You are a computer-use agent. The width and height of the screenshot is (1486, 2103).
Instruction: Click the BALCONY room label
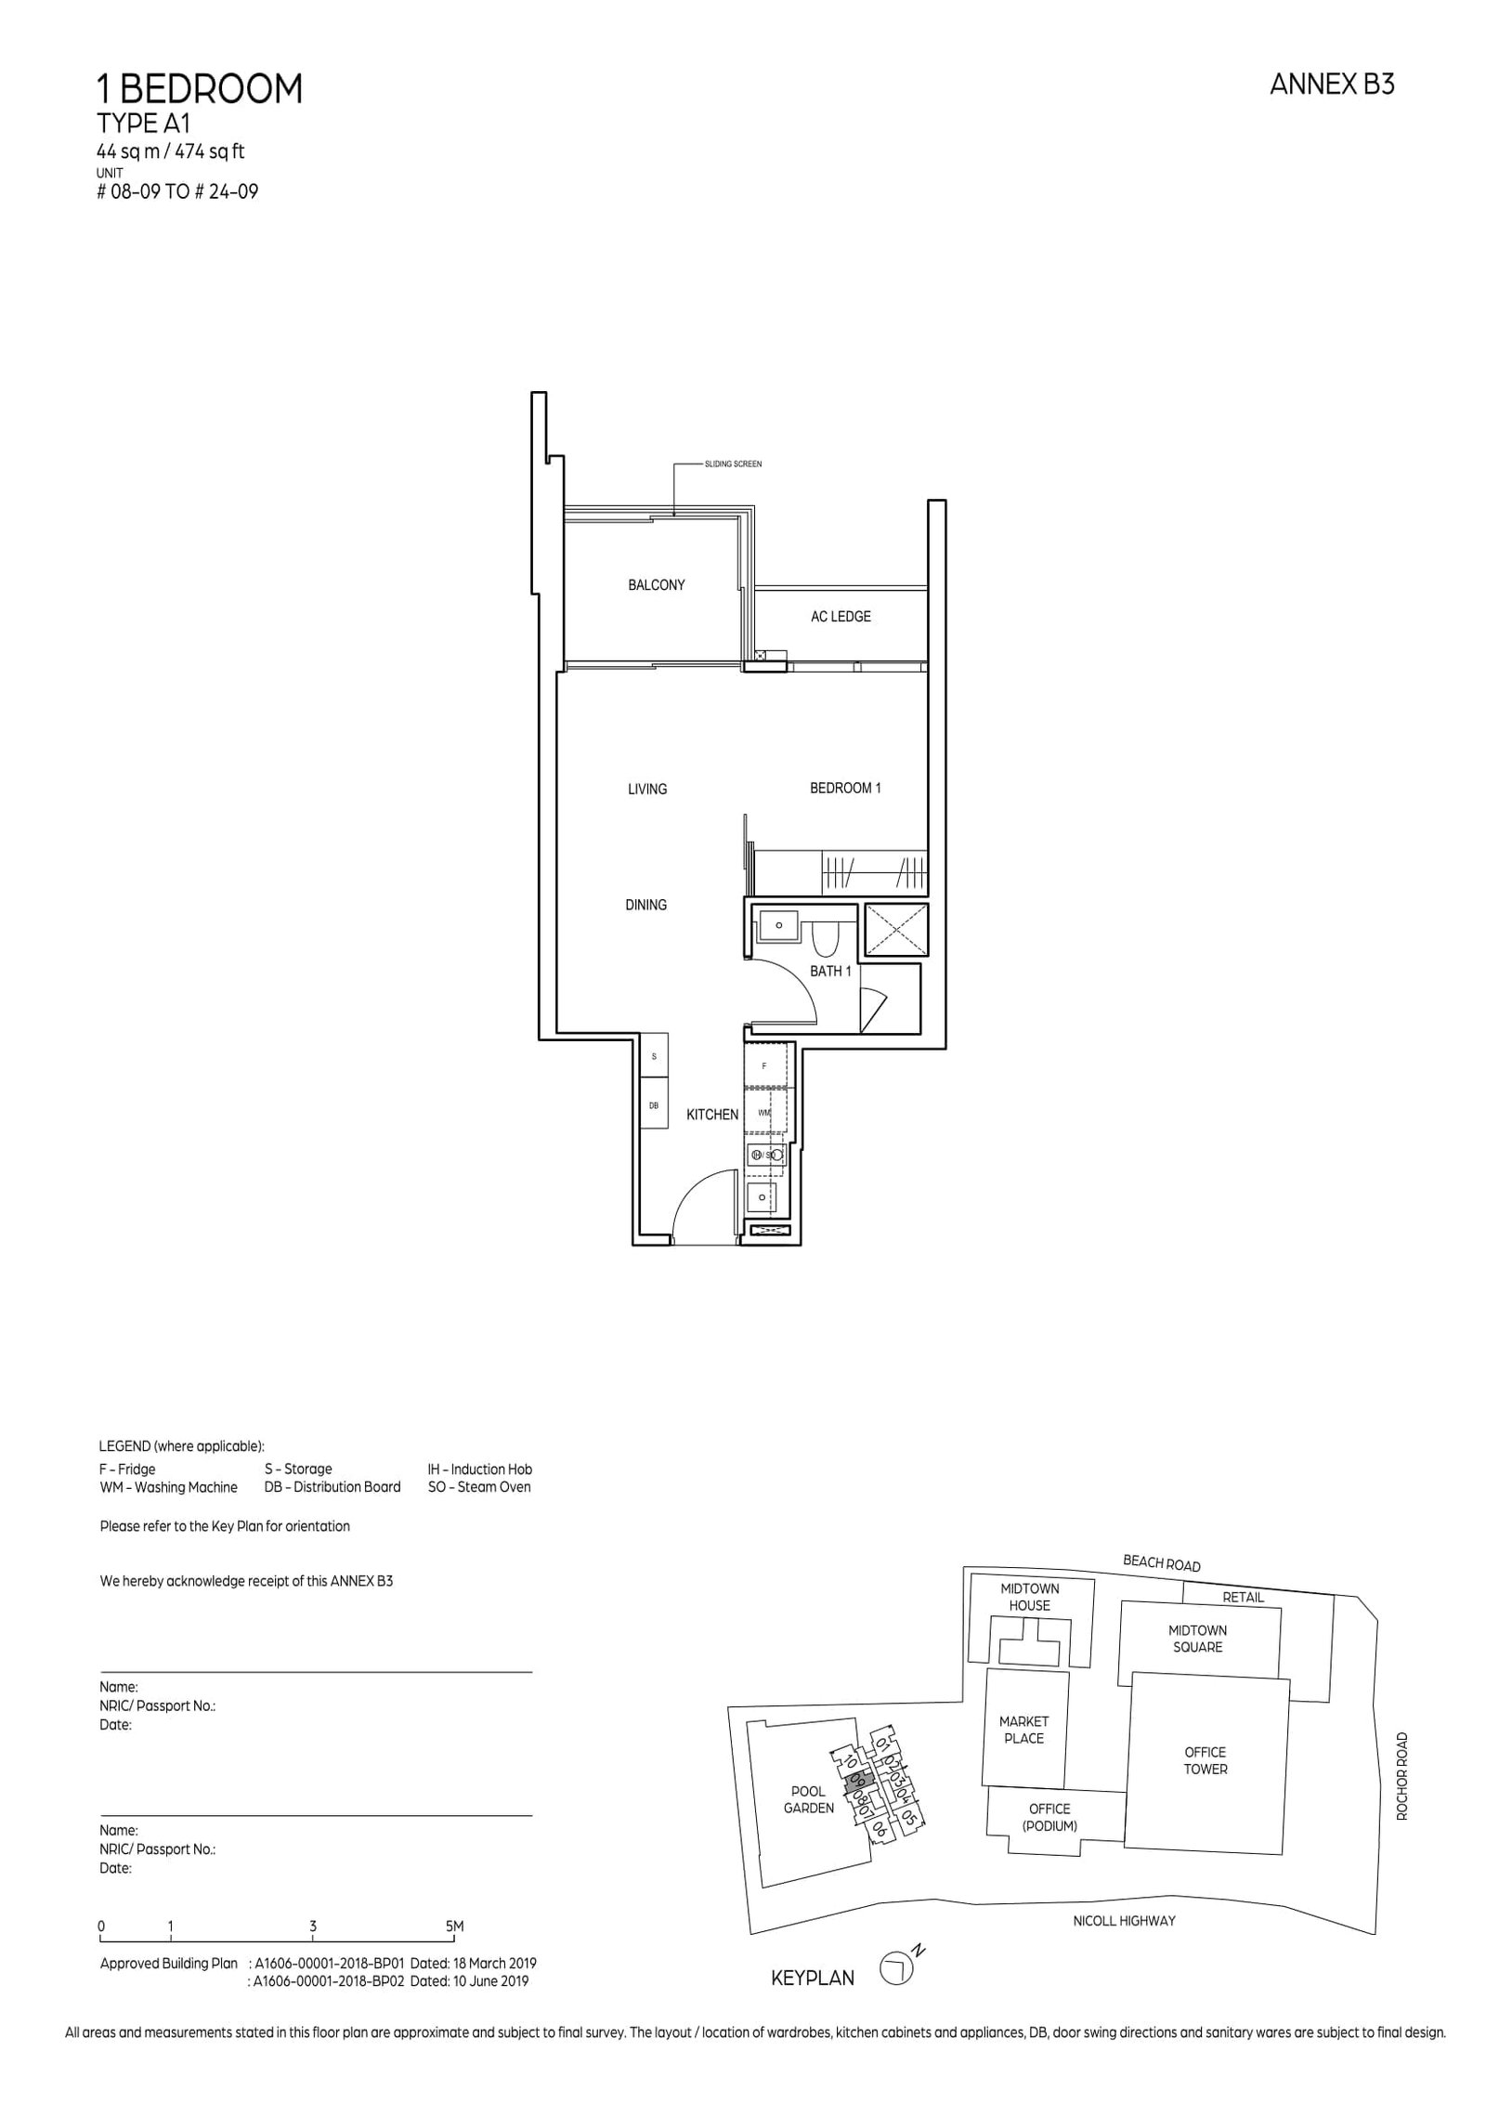[x=656, y=585]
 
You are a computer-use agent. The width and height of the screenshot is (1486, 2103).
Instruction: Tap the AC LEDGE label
[x=840, y=616]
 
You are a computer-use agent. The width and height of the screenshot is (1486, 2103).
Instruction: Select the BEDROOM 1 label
[x=844, y=788]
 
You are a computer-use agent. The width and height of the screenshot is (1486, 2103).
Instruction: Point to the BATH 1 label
[x=829, y=971]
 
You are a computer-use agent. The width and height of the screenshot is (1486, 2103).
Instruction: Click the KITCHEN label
[x=711, y=1114]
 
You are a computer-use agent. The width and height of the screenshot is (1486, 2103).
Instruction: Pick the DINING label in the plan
[x=645, y=905]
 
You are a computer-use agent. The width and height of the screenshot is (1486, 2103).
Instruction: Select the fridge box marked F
[x=765, y=1065]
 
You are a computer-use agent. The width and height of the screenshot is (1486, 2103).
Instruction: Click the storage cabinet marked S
[x=654, y=1057]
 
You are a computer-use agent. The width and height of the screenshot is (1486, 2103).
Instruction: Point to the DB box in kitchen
[x=654, y=1105]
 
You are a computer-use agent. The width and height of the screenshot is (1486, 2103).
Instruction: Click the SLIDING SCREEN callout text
[x=732, y=464]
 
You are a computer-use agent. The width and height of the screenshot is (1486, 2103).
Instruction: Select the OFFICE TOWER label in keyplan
[x=1205, y=1760]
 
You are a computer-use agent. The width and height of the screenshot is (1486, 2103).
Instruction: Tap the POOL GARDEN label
[x=807, y=1799]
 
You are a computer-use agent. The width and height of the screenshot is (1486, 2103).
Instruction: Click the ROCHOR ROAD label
[x=1401, y=1775]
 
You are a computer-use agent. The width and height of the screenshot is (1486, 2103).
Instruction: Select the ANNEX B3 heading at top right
[x=1331, y=85]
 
